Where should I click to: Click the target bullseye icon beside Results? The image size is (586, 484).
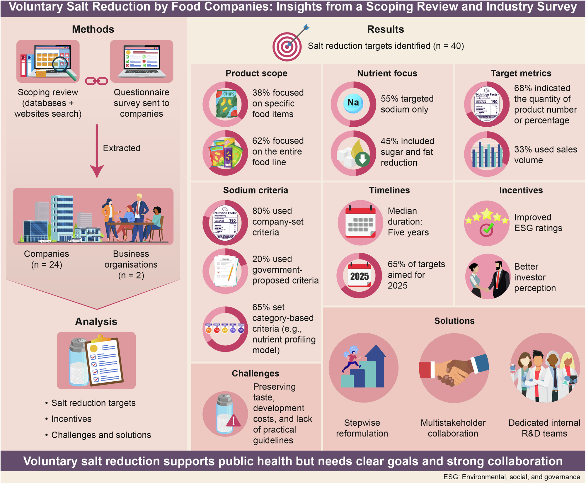coord(287,47)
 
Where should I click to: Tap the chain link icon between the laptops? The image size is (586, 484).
coord(96,81)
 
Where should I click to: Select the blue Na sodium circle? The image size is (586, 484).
coord(353,103)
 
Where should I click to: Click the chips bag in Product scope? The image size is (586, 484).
coord(226,104)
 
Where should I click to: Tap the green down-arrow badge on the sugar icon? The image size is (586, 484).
coord(362,159)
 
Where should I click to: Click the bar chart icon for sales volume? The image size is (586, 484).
coord(487,154)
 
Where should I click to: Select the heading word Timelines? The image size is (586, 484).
coord(389,190)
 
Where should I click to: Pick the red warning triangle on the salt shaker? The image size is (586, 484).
coord(234,421)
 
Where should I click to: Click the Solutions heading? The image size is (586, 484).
coord(454,321)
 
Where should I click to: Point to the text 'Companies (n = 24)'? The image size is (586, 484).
coord(47,259)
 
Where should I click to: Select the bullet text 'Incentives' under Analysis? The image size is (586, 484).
coord(71,419)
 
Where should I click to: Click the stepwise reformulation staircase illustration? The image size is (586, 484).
coord(363,368)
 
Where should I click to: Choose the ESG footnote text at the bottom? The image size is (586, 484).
coord(512,477)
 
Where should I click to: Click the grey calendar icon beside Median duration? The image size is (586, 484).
coord(360,223)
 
